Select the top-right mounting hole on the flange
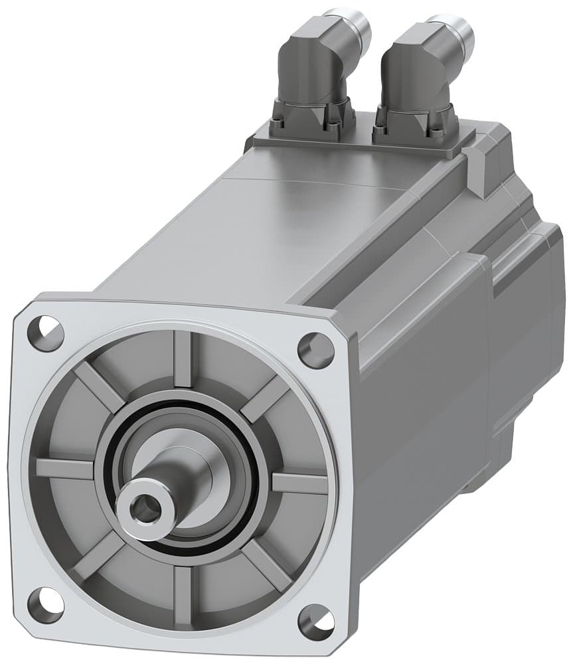coord(315,350)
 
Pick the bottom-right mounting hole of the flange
coord(315,623)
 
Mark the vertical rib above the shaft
coord(183,359)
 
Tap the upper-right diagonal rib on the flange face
coord(266,398)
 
